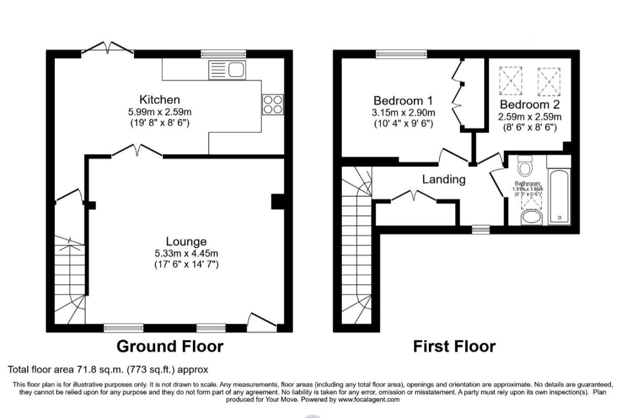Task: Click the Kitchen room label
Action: [159, 99]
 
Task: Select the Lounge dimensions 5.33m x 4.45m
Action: [187, 253]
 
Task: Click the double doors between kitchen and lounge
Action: [137, 152]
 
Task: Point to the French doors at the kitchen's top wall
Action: [108, 49]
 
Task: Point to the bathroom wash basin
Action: [532, 217]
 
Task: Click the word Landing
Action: [444, 179]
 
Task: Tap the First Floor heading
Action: [454, 346]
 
